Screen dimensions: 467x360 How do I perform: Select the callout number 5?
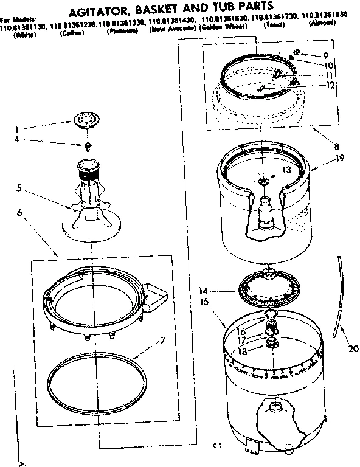pyautogui.click(x=19, y=188)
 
